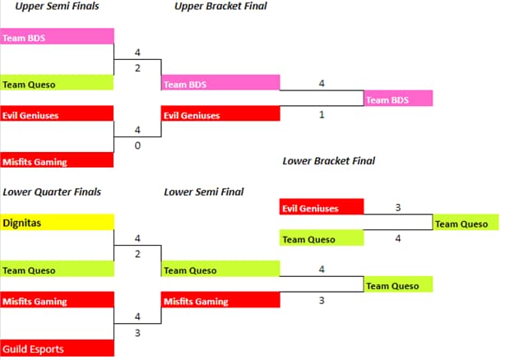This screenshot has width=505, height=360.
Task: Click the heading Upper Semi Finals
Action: (x=53, y=7)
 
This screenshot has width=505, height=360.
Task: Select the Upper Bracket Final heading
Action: (x=220, y=7)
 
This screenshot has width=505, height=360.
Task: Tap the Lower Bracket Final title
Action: (x=328, y=161)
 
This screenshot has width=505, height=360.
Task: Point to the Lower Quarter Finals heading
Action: (x=52, y=192)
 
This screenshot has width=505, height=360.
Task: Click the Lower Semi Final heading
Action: (x=203, y=192)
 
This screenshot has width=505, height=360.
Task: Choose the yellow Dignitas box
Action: (x=57, y=222)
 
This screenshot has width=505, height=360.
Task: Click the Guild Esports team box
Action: (x=57, y=348)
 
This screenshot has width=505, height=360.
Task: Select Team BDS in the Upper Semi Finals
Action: (x=57, y=36)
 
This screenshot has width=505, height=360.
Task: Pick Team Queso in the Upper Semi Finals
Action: (x=57, y=83)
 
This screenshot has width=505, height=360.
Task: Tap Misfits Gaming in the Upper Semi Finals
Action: (x=57, y=161)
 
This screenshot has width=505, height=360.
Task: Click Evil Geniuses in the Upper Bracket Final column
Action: (x=220, y=115)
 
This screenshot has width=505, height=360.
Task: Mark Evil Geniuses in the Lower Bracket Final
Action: (x=321, y=208)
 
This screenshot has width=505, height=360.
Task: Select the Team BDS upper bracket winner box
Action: (x=398, y=99)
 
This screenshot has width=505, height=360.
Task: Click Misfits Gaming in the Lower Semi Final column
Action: (x=220, y=301)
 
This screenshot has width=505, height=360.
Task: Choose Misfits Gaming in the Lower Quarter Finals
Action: (x=57, y=301)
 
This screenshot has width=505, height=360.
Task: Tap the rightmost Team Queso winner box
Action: (x=466, y=224)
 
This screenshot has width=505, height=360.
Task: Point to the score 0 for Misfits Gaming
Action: (x=137, y=145)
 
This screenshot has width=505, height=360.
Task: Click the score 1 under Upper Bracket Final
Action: (x=322, y=115)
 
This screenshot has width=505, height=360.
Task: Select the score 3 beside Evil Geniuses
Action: (x=398, y=208)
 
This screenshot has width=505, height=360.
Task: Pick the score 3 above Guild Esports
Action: (x=137, y=332)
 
